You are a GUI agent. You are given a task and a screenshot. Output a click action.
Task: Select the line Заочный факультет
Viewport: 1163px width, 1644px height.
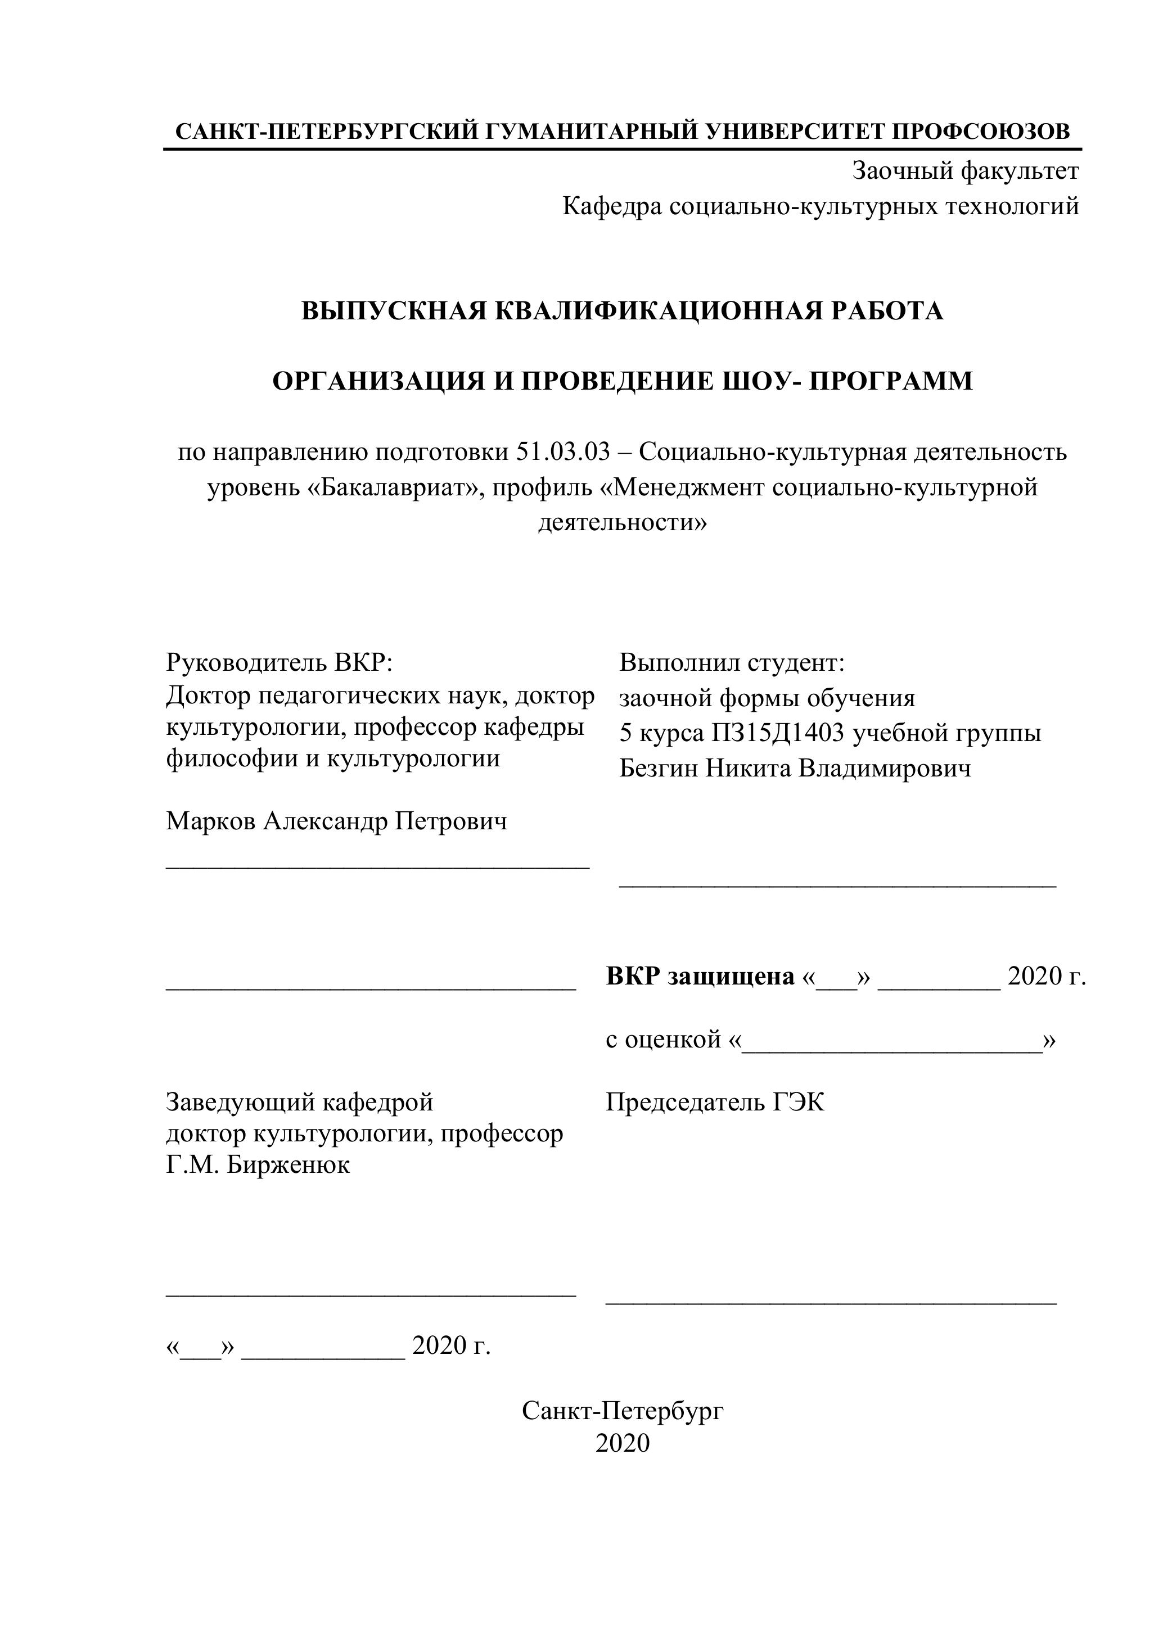click(964, 170)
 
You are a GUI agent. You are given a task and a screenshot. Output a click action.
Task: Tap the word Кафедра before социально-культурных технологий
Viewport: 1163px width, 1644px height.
click(612, 206)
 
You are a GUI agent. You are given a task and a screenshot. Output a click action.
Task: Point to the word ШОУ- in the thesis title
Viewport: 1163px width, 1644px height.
click(759, 381)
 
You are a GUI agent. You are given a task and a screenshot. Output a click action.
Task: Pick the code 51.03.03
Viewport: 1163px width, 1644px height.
click(562, 452)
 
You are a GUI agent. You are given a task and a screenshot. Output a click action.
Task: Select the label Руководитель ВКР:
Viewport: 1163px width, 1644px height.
click(280, 662)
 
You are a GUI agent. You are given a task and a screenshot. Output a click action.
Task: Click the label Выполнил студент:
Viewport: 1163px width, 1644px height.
click(732, 662)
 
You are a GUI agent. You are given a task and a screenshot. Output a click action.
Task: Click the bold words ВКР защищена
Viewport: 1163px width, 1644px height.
click(700, 976)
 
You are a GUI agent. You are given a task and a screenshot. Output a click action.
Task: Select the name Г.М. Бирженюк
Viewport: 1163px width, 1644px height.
click(258, 1165)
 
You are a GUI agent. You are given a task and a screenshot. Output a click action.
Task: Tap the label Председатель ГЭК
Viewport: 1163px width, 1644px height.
click(715, 1102)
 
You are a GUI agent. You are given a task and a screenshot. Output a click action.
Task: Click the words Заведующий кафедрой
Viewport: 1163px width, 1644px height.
click(299, 1102)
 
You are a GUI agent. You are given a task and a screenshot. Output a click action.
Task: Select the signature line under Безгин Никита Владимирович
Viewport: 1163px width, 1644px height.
click(837, 887)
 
